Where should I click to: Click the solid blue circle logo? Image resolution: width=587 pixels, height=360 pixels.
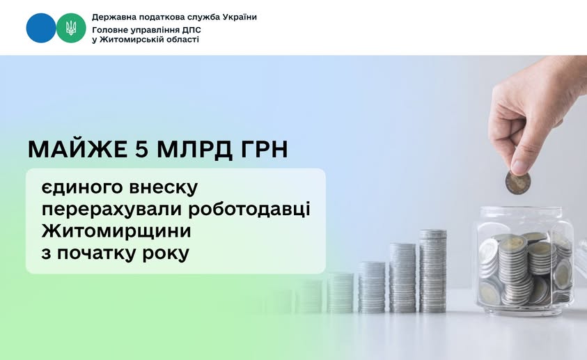click(x=41, y=28)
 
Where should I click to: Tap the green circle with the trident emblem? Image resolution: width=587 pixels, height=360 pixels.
click(x=71, y=28)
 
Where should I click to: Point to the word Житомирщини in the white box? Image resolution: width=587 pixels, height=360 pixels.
click(x=116, y=231)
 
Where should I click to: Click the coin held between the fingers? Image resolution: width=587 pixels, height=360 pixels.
click(x=517, y=183)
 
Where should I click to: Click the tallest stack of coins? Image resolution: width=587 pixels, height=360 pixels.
click(x=432, y=271)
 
